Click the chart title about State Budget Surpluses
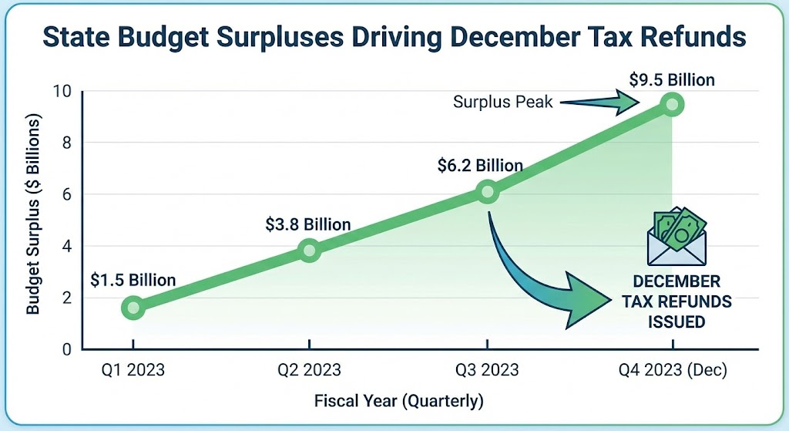(x=394, y=35)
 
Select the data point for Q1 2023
(x=133, y=308)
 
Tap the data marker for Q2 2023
(x=309, y=250)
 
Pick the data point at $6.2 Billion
(x=487, y=192)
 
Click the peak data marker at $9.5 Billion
(x=672, y=104)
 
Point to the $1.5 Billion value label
(x=133, y=279)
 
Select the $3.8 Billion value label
(x=308, y=224)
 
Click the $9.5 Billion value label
(x=671, y=79)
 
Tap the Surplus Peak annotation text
(x=503, y=102)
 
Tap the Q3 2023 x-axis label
(x=486, y=370)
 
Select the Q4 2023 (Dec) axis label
(x=672, y=370)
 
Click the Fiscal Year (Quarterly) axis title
(x=398, y=401)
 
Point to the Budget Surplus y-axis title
(x=33, y=216)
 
